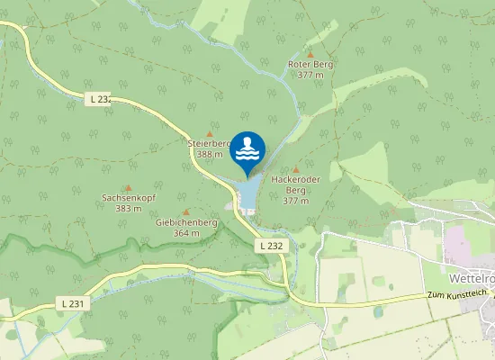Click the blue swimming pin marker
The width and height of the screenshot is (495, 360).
[247, 150]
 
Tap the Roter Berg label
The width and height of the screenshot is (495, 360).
[310, 65]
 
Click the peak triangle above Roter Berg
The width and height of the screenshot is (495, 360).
[310, 54]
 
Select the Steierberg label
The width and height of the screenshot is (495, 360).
[209, 143]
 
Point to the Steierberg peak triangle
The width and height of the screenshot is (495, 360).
[210, 133]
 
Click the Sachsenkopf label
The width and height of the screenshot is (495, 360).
[127, 197]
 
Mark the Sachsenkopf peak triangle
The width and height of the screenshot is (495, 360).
[127, 187]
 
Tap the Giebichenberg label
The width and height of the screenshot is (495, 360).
[186, 222]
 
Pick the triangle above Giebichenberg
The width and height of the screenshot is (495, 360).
[186, 212]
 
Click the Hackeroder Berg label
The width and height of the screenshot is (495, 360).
[296, 184]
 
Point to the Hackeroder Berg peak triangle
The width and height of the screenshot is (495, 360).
[296, 169]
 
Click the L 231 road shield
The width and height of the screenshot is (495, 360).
[76, 304]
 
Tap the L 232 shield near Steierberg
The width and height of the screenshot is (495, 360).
[100, 100]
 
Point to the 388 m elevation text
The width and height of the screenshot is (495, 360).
[210, 154]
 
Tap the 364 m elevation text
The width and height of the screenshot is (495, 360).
[186, 233]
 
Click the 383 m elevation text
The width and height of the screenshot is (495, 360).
[128, 208]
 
